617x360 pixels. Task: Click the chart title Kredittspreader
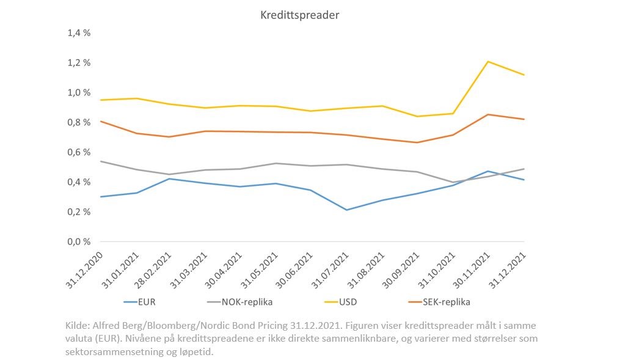tap(299, 15)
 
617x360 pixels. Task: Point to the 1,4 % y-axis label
tap(79, 32)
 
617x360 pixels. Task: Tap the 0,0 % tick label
tap(79, 241)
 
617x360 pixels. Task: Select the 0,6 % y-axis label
tap(79, 152)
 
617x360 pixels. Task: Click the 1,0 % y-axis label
tap(79, 92)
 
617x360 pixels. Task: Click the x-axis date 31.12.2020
tap(84, 270)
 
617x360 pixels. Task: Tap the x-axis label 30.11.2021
tap(472, 270)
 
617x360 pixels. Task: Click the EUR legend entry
tap(140, 302)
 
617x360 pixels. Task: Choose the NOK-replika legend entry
tap(239, 302)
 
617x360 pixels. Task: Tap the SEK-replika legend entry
tap(439, 302)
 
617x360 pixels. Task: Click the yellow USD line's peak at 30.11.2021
tap(488, 62)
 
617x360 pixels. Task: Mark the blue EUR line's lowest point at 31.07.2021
tap(346, 210)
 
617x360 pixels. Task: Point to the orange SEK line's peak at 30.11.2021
tap(488, 115)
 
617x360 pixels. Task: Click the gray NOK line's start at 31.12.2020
tap(101, 161)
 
